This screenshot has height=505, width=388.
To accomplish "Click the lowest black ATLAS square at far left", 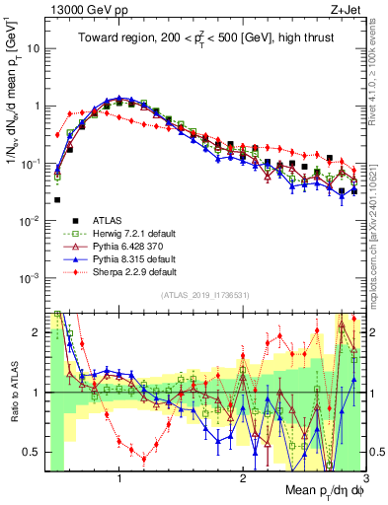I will (x=57, y=199).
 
